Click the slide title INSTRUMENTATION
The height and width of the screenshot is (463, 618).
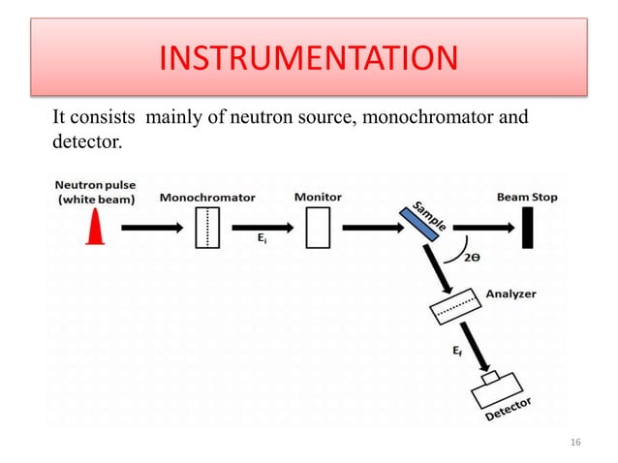pos(307,59)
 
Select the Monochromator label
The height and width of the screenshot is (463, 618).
pos(207,197)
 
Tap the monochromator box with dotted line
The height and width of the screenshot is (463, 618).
pos(206,229)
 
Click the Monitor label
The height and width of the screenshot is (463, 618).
pos(317,197)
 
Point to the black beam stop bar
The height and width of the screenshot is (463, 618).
pos(528,229)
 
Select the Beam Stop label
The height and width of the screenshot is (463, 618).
pos(527,197)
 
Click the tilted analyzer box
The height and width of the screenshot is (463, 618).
pos(454,306)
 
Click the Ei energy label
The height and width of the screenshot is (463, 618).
pos(262,242)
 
